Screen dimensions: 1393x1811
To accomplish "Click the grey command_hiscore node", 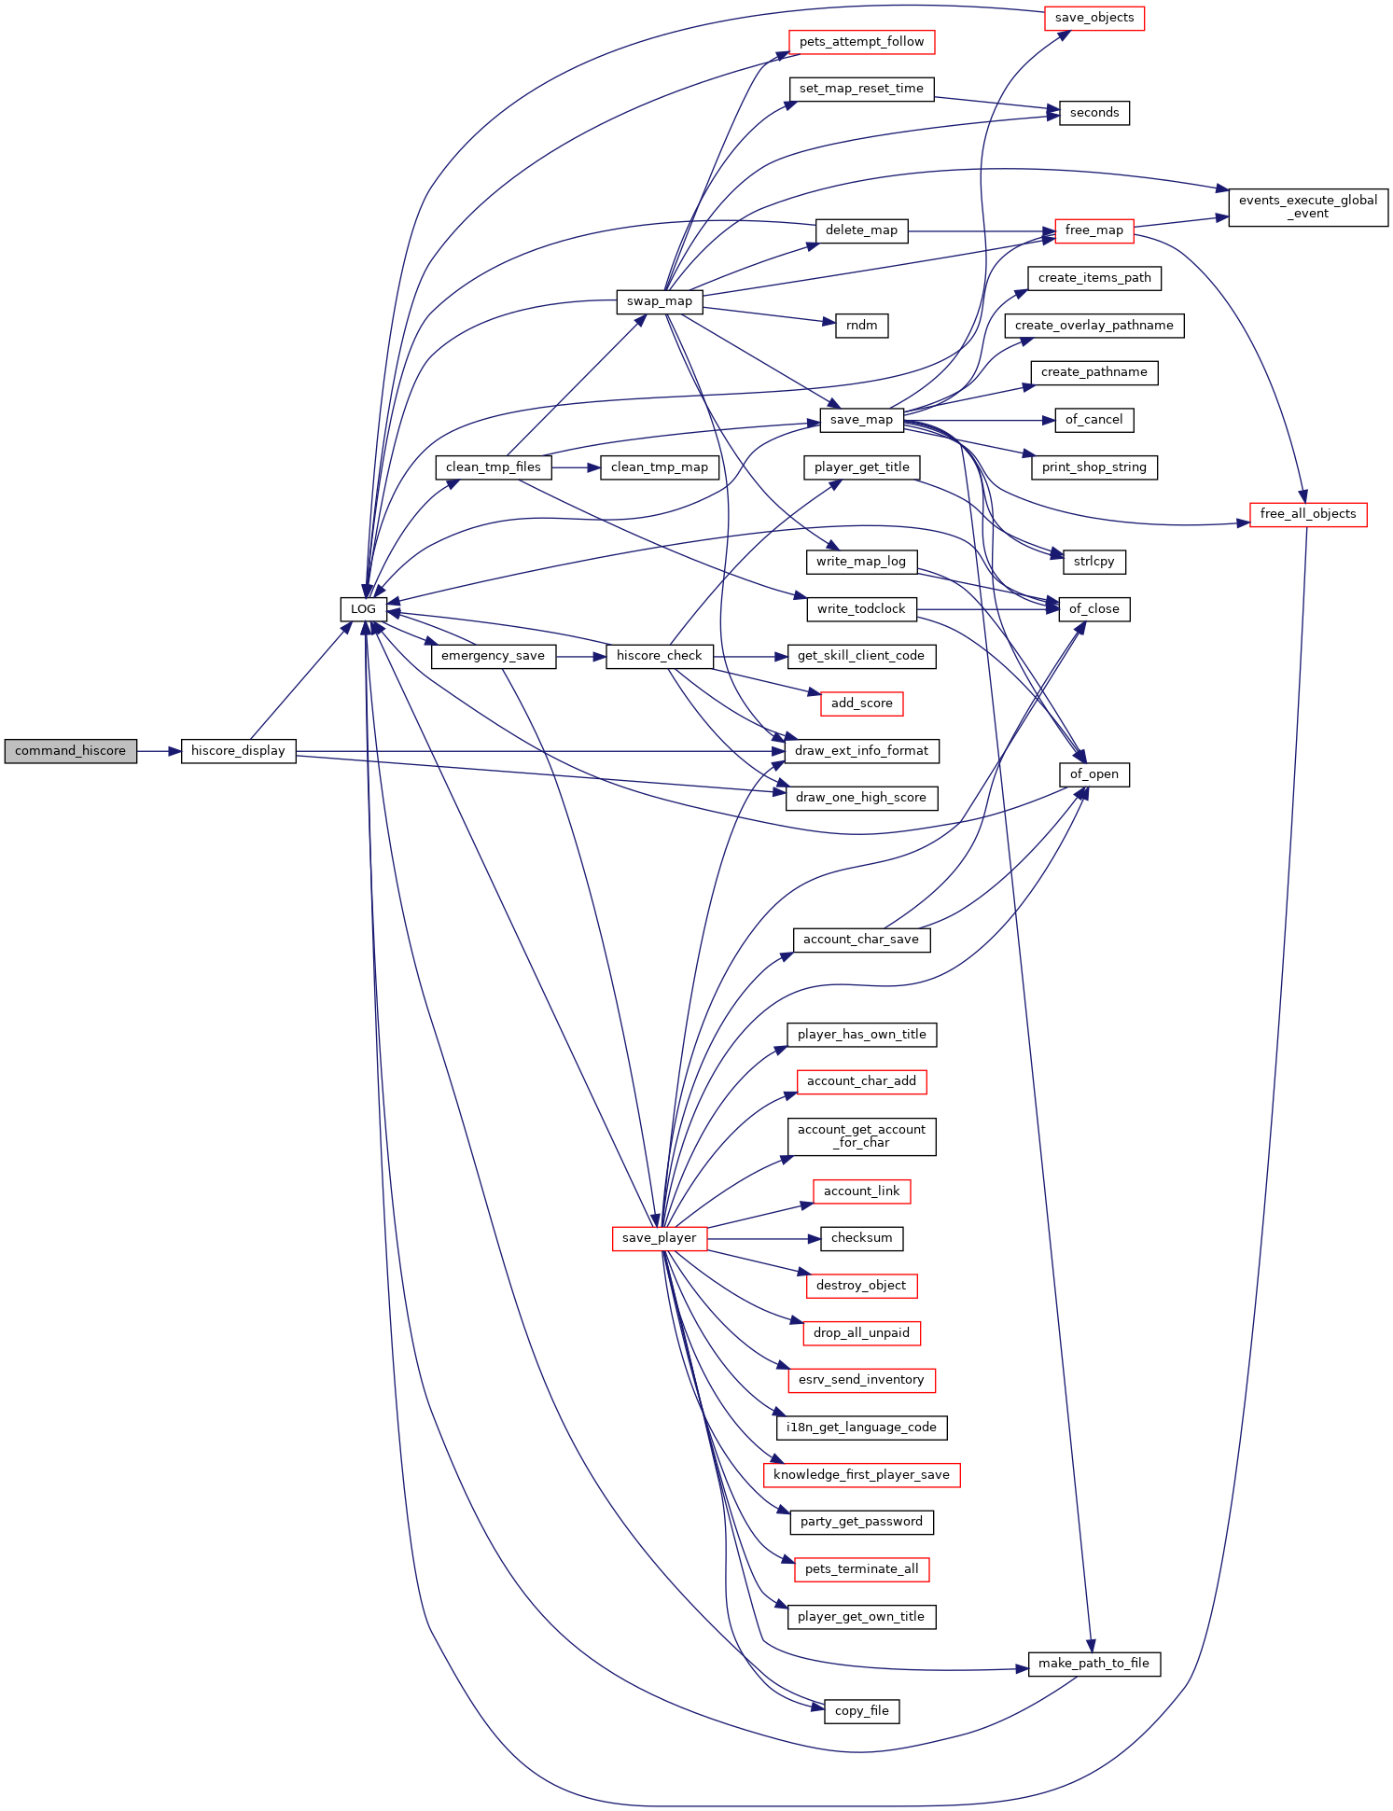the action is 70,751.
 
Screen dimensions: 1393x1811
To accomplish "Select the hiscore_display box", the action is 238,751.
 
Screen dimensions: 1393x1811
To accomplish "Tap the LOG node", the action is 363,609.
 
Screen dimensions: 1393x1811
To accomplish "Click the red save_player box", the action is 660,1238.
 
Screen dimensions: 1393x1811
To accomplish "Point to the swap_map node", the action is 660,301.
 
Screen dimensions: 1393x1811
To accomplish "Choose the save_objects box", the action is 1094,18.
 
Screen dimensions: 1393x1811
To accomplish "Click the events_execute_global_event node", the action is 1308,207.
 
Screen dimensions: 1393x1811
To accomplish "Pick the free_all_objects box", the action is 1308,514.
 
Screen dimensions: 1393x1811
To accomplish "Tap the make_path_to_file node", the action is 1094,1664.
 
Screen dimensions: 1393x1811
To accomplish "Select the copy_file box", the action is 862,1711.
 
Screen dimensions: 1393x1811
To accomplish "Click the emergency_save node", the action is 494,656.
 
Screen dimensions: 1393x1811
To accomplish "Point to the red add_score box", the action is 862,704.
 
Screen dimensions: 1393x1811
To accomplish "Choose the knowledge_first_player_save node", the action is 861,1475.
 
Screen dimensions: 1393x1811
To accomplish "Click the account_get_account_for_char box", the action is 861,1136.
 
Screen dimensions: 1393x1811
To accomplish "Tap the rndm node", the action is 862,326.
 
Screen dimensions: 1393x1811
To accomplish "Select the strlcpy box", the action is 1094,562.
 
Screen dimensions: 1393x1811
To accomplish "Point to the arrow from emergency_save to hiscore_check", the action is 581,656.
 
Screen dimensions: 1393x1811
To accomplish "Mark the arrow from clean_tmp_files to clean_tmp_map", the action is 577,467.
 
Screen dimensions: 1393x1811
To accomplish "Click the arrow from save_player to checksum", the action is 764,1238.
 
